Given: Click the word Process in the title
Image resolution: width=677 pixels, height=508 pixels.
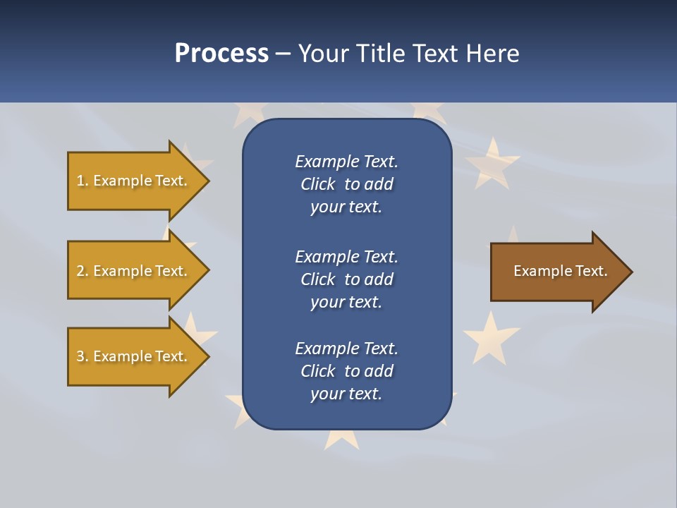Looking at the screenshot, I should (221, 54).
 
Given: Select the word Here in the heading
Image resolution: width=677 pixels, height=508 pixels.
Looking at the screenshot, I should (492, 54).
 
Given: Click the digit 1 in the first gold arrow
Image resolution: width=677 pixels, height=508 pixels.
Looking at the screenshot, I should (80, 181).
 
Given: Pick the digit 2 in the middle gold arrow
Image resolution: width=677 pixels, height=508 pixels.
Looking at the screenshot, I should (80, 271).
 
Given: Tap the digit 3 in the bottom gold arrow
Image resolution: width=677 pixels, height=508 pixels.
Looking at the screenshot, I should (80, 356).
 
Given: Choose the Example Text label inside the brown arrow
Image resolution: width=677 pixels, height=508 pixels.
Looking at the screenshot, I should (560, 271).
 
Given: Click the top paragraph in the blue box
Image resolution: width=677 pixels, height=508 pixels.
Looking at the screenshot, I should (346, 184).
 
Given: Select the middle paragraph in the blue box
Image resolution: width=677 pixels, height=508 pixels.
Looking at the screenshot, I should (346, 279).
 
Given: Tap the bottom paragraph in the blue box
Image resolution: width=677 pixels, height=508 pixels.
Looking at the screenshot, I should (346, 371).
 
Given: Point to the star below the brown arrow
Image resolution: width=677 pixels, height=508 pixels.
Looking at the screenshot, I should (491, 337).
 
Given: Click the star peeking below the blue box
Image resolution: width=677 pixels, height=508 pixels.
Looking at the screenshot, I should (342, 440).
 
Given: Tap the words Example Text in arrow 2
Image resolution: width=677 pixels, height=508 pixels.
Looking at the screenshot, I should (140, 271).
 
